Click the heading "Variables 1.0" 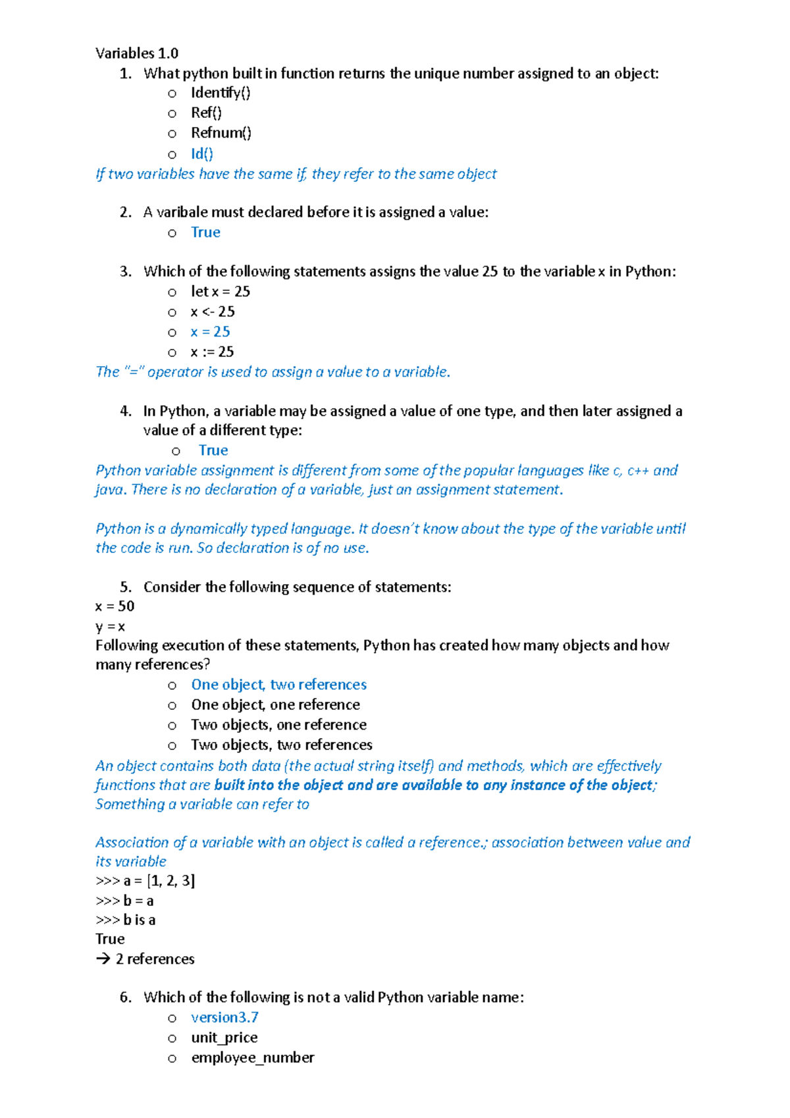(x=137, y=53)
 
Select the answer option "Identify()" (x=221, y=93)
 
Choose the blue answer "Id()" (x=202, y=154)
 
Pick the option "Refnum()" (x=221, y=133)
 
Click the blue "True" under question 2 (x=205, y=232)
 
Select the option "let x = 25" (x=221, y=292)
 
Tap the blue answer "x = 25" (x=210, y=332)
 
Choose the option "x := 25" (x=212, y=352)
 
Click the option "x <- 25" (x=213, y=312)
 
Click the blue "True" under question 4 (x=213, y=450)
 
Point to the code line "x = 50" (x=115, y=606)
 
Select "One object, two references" (x=278, y=685)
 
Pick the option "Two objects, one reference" (x=278, y=725)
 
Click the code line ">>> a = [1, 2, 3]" (x=145, y=881)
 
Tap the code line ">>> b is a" (x=125, y=920)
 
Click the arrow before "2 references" (x=103, y=959)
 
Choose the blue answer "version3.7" (x=224, y=1018)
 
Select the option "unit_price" (x=224, y=1038)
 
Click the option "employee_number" (x=252, y=1058)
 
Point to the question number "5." (x=126, y=587)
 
